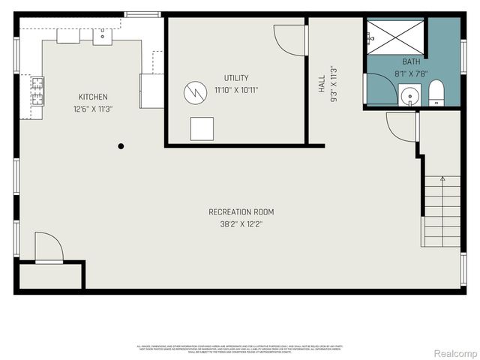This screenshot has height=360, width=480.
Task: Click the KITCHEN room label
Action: [93, 97]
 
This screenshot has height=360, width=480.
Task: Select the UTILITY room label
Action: [235, 78]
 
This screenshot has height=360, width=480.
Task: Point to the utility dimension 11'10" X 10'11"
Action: [235, 89]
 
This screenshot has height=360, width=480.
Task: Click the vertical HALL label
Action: [322, 82]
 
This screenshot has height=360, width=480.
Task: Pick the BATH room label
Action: [411, 61]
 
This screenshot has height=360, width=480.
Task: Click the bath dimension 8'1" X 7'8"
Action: [411, 73]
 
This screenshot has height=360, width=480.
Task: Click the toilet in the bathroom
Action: [436, 94]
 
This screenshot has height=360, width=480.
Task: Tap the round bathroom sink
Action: [409, 96]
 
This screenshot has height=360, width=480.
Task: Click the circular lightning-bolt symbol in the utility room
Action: [194, 93]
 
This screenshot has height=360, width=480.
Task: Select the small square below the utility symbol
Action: [201, 128]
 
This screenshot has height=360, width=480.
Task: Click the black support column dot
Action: [121, 146]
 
